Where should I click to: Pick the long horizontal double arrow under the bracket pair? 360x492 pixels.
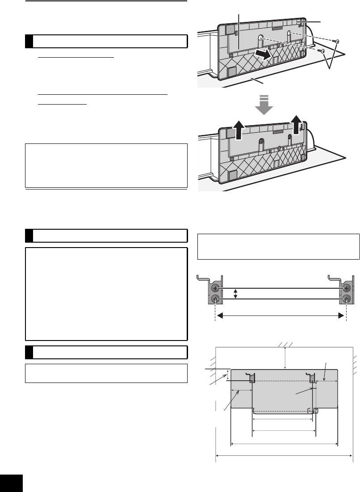coord(280,316)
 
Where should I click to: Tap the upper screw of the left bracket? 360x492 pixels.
coord(216,288)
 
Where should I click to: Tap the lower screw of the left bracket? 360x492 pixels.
coord(216,299)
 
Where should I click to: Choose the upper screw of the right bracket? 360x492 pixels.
coord(346,288)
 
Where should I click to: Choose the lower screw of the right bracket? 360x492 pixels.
coord(346,299)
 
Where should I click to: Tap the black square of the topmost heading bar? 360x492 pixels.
coord(29,42)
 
